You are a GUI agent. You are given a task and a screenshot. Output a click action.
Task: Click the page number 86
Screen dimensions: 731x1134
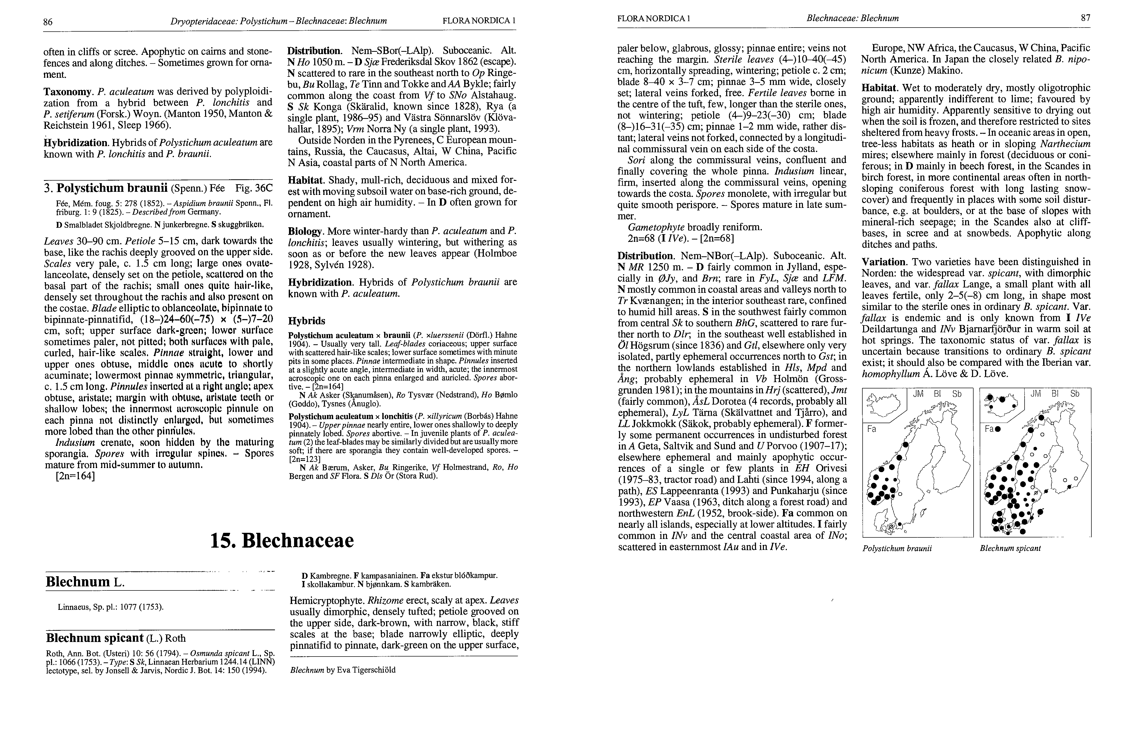[47, 21]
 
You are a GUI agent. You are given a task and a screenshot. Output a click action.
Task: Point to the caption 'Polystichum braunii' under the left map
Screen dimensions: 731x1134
[897, 548]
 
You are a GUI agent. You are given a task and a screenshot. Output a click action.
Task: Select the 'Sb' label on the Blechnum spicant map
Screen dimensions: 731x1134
[1075, 394]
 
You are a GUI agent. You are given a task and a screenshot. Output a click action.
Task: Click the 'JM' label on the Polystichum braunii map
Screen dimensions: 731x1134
[918, 394]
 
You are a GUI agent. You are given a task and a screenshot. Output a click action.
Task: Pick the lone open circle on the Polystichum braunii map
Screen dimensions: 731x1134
[900, 494]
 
